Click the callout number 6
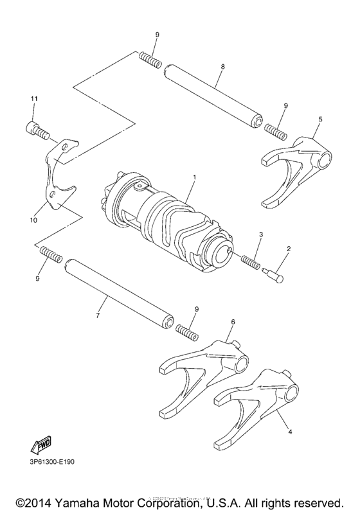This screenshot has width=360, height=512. point(232,321)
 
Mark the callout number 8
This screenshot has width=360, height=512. point(222,66)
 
